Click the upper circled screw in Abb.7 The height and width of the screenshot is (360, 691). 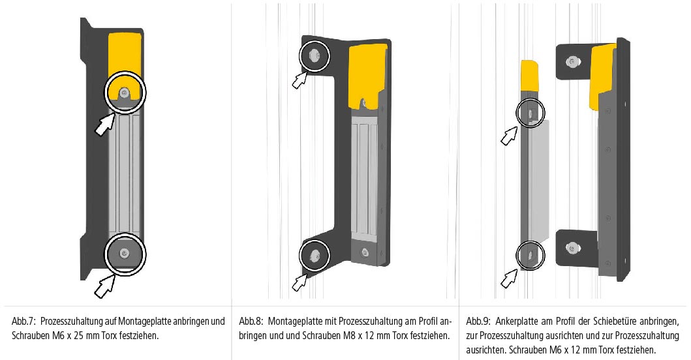coord(124,93)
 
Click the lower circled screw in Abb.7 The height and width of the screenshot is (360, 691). coord(125,253)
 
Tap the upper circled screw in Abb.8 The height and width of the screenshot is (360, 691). coord(315,55)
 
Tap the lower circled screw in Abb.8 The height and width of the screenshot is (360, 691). coord(315,255)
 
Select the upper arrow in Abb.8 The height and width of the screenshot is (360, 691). coord(300,80)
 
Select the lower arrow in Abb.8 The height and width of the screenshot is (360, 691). coord(300,282)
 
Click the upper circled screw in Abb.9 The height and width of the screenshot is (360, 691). coord(530,113)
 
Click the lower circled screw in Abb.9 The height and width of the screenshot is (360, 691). coord(530,255)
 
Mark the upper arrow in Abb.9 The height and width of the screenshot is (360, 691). coord(509,136)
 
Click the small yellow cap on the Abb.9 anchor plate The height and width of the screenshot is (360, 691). coord(529,75)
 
